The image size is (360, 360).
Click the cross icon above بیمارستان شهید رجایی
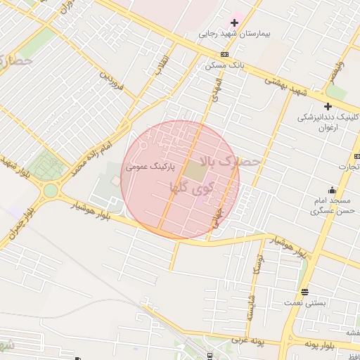pyautogui.click(x=234, y=23)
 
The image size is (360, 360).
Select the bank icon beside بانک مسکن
pyautogui.click(x=224, y=55)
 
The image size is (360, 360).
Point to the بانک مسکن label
pyautogui.click(x=224, y=65)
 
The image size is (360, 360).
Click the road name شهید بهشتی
pyautogui.click(x=287, y=88)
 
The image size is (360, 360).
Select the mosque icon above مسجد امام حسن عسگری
pyautogui.click(x=332, y=190)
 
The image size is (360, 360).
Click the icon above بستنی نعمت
pyautogui.click(x=304, y=292)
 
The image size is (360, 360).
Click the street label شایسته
pyautogui.click(x=249, y=307)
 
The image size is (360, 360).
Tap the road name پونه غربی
pyautogui.click(x=245, y=342)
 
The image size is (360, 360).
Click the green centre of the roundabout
pyautogui.click(x=51, y=191)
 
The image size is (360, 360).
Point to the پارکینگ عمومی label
pyautogui.click(x=150, y=168)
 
